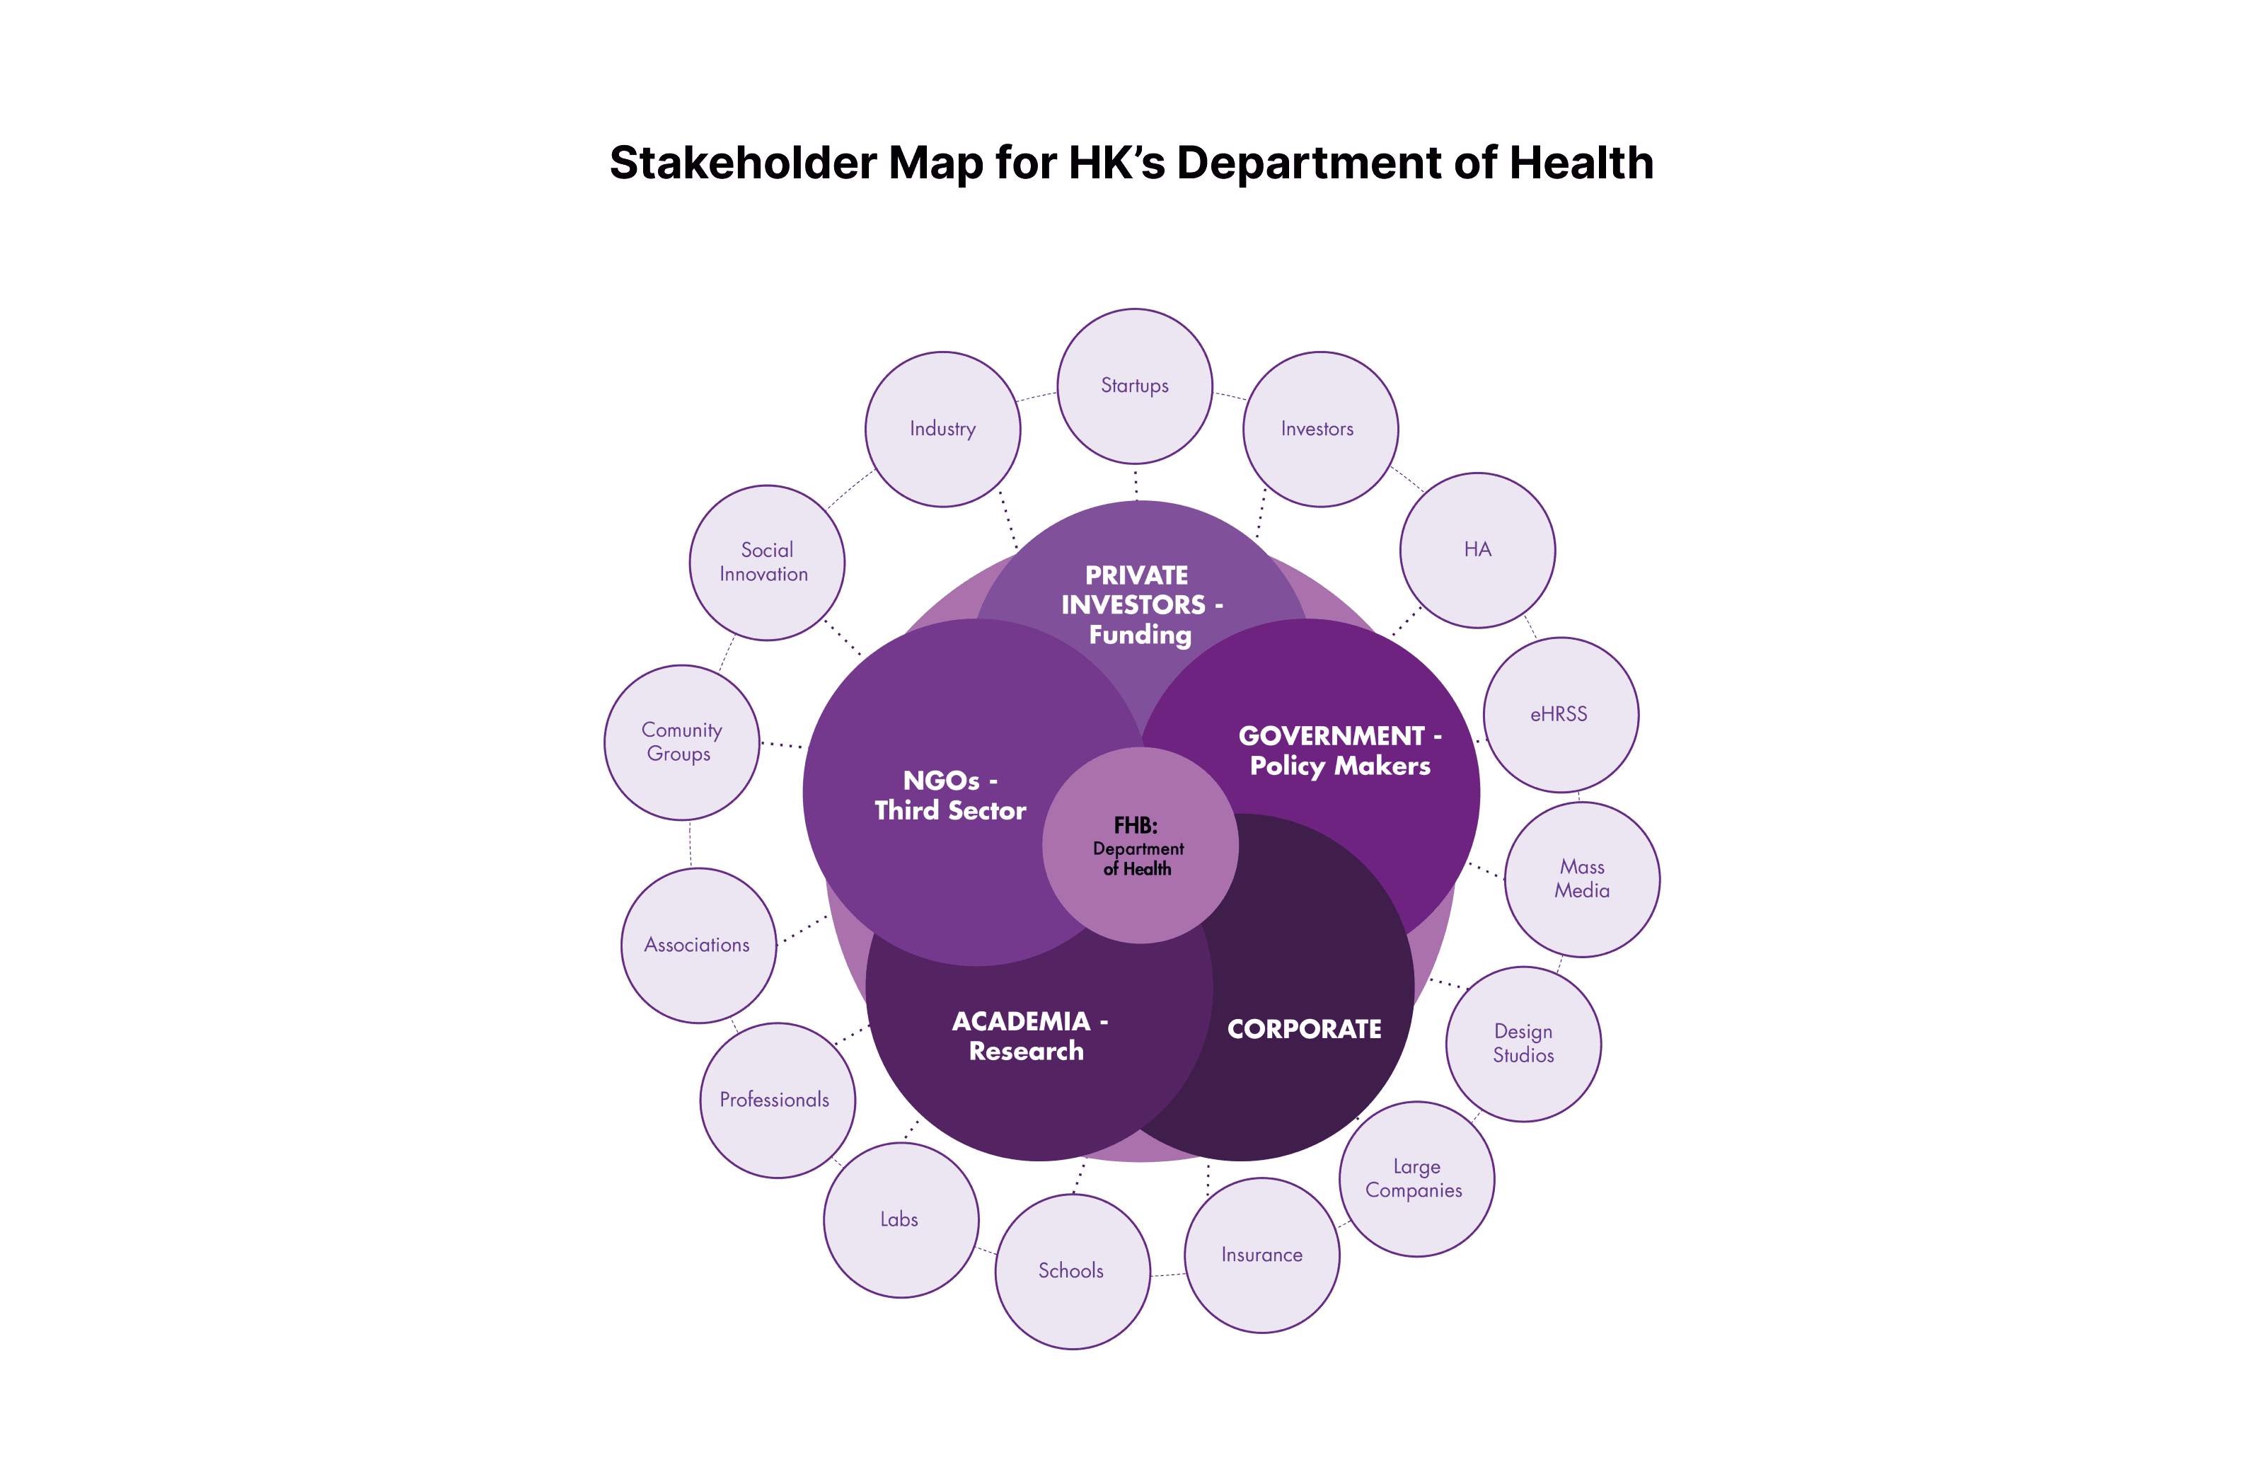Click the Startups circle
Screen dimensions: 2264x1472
pyautogui.click(x=1134, y=386)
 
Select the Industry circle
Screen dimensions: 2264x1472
pyautogui.click(x=942, y=429)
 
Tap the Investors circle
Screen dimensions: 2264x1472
pyautogui.click(x=1320, y=429)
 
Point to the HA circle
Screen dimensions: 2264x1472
pyautogui.click(x=1477, y=550)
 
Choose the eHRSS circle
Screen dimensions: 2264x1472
pyautogui.click(x=1561, y=715)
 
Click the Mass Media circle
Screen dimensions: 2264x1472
pyautogui.click(x=1582, y=879)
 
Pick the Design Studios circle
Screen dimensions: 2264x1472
pyautogui.click(x=1523, y=1044)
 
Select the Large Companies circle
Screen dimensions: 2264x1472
pyautogui.click(x=1416, y=1179)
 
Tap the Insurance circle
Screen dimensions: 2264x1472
pyautogui.click(x=1262, y=1255)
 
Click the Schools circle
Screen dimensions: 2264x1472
pyautogui.click(x=1072, y=1271)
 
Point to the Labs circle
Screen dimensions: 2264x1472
pyautogui.click(x=901, y=1220)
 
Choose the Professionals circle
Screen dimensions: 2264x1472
pyautogui.click(x=777, y=1100)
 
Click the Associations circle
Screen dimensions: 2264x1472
pyautogui.click(x=698, y=945)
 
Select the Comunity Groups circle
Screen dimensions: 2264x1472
pyautogui.click(x=681, y=742)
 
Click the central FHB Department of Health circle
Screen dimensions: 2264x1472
pyautogui.click(x=1140, y=846)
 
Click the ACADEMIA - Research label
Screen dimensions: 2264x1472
pyautogui.click(x=1028, y=1036)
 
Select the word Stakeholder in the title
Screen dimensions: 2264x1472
pyautogui.click(x=742, y=163)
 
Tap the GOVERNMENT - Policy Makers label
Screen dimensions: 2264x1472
pyautogui.click(x=1339, y=751)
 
